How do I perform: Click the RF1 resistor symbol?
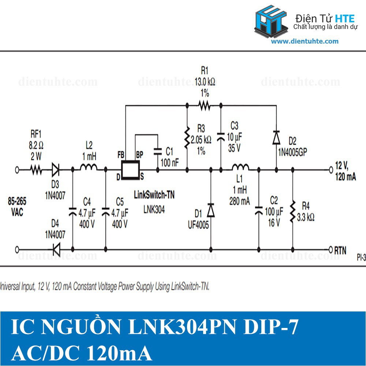(x=36, y=170)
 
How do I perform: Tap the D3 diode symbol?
(x=56, y=169)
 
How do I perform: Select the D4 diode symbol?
(x=56, y=249)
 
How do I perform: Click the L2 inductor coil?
(x=89, y=168)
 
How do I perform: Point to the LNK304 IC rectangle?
(x=130, y=170)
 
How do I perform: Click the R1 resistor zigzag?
(x=204, y=106)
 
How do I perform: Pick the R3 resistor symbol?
(x=187, y=138)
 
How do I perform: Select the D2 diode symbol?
(x=276, y=137)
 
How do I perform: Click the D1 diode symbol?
(x=211, y=210)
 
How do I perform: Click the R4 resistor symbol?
(x=292, y=211)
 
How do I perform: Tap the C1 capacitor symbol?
(x=158, y=151)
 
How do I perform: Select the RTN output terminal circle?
(x=330, y=249)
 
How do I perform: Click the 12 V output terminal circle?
(x=330, y=169)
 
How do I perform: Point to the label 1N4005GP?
(x=291, y=151)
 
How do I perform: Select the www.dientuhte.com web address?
(x=305, y=41)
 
